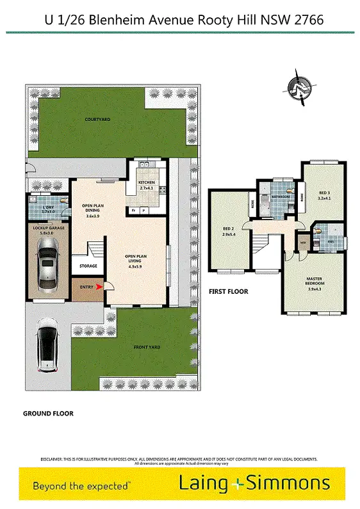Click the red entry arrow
point(98,287)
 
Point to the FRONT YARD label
point(147,348)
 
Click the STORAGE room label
point(88,266)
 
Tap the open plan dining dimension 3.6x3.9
point(95,216)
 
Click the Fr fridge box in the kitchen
point(134,210)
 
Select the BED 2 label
point(228,229)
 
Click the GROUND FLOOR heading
point(48,414)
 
